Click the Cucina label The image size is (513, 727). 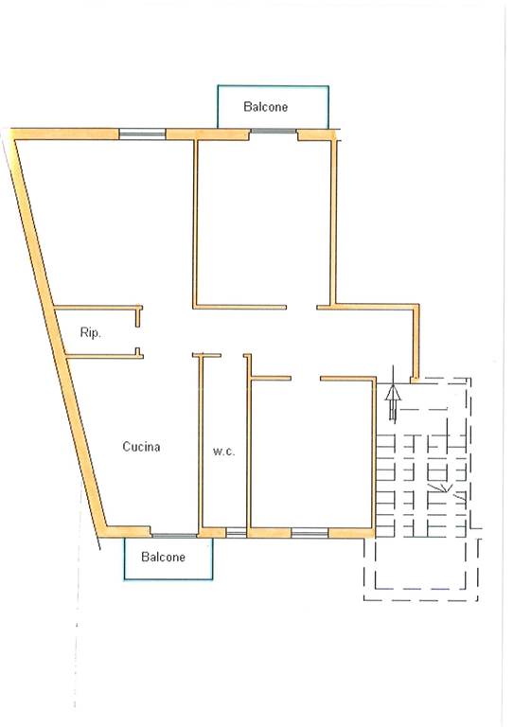(x=141, y=447)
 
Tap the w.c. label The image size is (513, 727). (x=223, y=451)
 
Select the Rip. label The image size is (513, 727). (x=90, y=332)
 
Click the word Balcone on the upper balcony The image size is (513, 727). (x=266, y=107)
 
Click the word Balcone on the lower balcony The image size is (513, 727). (x=163, y=557)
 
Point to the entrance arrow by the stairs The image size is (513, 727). (x=393, y=395)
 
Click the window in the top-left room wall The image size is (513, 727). (x=142, y=134)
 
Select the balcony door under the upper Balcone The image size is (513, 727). (x=274, y=132)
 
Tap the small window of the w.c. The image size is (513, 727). (x=236, y=533)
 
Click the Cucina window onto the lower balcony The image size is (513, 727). (x=175, y=536)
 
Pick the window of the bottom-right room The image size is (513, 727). (x=310, y=533)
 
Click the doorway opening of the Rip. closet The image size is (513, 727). (x=138, y=337)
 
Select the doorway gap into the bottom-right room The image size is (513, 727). (x=306, y=379)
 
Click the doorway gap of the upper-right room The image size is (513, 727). (x=302, y=307)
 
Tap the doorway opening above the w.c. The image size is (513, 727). (x=232, y=356)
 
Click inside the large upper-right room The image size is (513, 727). (x=264, y=222)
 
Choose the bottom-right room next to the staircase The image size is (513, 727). (x=311, y=453)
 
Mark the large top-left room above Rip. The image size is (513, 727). (x=112, y=222)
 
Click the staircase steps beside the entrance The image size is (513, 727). (x=421, y=486)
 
